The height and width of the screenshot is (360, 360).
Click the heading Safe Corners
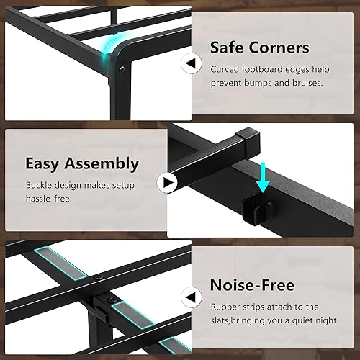(x=259, y=48)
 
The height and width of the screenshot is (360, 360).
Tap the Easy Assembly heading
(x=82, y=163)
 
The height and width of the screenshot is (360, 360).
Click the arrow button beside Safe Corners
(x=191, y=64)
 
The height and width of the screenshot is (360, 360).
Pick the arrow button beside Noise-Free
(x=191, y=294)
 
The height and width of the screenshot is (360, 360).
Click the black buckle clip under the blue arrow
(x=258, y=207)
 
